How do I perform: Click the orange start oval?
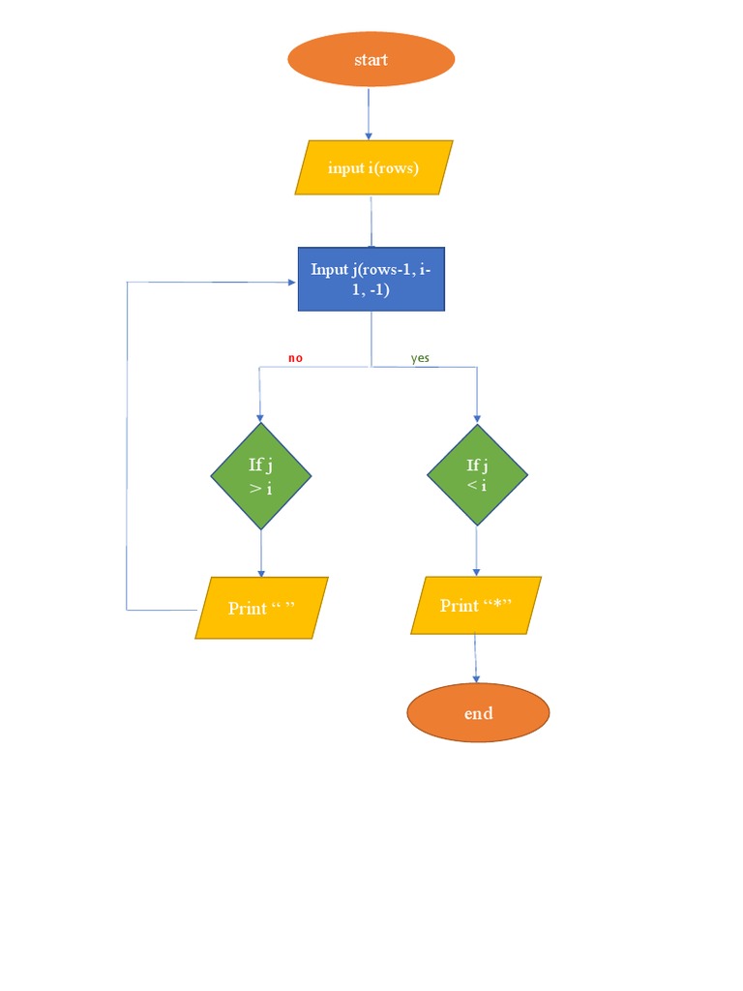tap(371, 60)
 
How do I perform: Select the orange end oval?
tap(478, 713)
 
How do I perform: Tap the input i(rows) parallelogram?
tap(373, 167)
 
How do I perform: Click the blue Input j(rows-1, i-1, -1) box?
tap(371, 279)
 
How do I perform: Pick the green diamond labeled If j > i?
tap(261, 476)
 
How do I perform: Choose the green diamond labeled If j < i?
tap(477, 475)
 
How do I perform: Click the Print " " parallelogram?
tap(261, 608)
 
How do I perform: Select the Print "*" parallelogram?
tap(475, 606)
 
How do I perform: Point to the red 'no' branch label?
tap(295, 358)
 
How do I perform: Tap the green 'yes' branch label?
tap(420, 358)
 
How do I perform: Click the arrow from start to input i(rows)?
tap(369, 113)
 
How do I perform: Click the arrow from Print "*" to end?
tap(476, 658)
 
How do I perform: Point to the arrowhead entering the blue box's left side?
tap(291, 282)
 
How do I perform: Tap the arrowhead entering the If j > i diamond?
tap(260, 417)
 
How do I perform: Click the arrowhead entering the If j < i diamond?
tap(477, 418)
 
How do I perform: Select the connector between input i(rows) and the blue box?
tap(371, 221)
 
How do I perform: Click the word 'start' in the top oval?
tap(371, 60)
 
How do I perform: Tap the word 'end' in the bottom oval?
tap(478, 713)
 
